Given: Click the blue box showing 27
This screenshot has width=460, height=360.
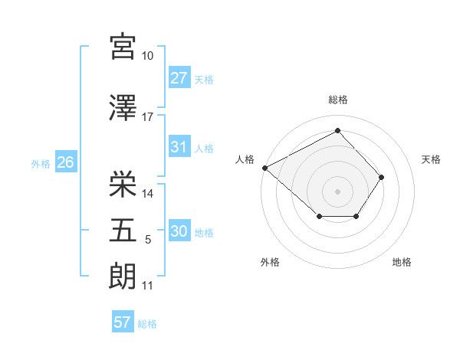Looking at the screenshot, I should point(179,78).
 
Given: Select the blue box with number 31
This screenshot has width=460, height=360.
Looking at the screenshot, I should point(179,147).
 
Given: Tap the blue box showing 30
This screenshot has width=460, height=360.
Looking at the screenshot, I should point(179,232).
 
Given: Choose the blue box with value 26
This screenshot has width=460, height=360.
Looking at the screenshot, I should point(65,162).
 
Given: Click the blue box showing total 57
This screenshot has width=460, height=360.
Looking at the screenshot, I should point(123,322).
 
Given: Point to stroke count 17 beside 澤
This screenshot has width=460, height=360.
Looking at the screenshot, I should point(148,117).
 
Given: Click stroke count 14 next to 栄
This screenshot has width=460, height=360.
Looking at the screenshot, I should point(149,194).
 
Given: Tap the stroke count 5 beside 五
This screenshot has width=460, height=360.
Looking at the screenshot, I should point(148,241).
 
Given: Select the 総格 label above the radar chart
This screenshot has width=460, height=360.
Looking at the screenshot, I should point(338,100).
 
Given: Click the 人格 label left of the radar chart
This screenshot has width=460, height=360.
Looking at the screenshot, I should point(245,159).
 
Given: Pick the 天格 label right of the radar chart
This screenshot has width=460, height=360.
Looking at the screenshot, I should point(431,159).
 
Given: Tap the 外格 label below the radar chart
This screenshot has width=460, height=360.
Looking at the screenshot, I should point(270,262).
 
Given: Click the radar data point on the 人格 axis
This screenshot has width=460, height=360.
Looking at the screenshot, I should point(264,167).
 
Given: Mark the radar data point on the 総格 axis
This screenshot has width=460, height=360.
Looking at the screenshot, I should point(337,131).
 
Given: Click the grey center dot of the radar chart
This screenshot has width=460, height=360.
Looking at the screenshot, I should point(337,191).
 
